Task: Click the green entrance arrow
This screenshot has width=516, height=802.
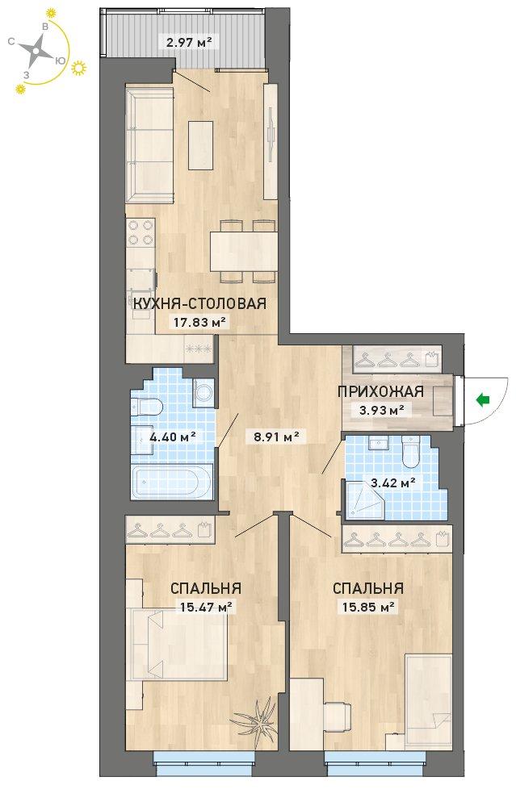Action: (482, 400)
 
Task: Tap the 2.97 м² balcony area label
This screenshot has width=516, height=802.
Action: (190, 42)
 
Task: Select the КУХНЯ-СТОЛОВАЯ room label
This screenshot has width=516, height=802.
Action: (199, 303)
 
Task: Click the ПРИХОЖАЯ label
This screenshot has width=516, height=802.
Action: (380, 392)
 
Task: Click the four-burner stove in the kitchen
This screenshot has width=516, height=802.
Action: (141, 232)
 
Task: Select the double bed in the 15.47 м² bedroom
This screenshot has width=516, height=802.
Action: (178, 645)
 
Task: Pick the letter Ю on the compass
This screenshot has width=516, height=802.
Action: (60, 61)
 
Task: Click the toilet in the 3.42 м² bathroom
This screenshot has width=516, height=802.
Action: (410, 452)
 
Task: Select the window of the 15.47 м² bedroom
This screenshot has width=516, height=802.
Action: (205, 757)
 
